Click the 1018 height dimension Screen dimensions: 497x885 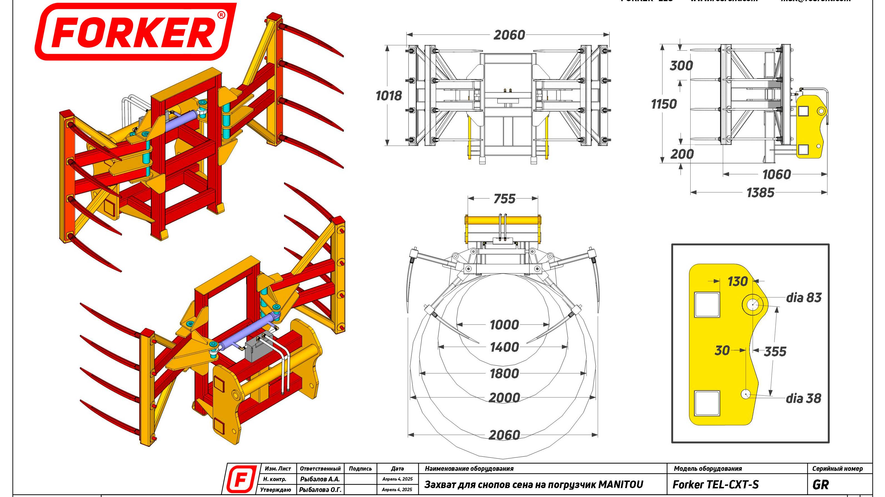pos(388,96)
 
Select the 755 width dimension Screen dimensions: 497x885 pos(504,199)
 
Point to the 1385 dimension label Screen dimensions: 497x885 pos(760,193)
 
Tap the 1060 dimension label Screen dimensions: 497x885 pos(776,175)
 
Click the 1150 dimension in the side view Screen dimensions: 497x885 pos(664,104)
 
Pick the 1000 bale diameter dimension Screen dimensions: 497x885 pos(504,325)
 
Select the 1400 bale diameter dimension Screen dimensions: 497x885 pos(504,347)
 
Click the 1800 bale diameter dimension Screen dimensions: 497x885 pos(504,373)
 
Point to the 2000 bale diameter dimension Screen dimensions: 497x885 pos(504,398)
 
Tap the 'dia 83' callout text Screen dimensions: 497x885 pos(804,297)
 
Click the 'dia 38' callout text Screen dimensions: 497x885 pos(803,398)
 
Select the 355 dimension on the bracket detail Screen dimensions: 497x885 pos(775,351)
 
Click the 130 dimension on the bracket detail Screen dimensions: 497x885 pos(738,281)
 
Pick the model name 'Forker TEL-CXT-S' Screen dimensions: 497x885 pos(715,485)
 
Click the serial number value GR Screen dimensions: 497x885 pos(820,485)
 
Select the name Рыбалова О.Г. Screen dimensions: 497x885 pos(320,490)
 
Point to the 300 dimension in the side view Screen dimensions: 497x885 pos(681,65)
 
